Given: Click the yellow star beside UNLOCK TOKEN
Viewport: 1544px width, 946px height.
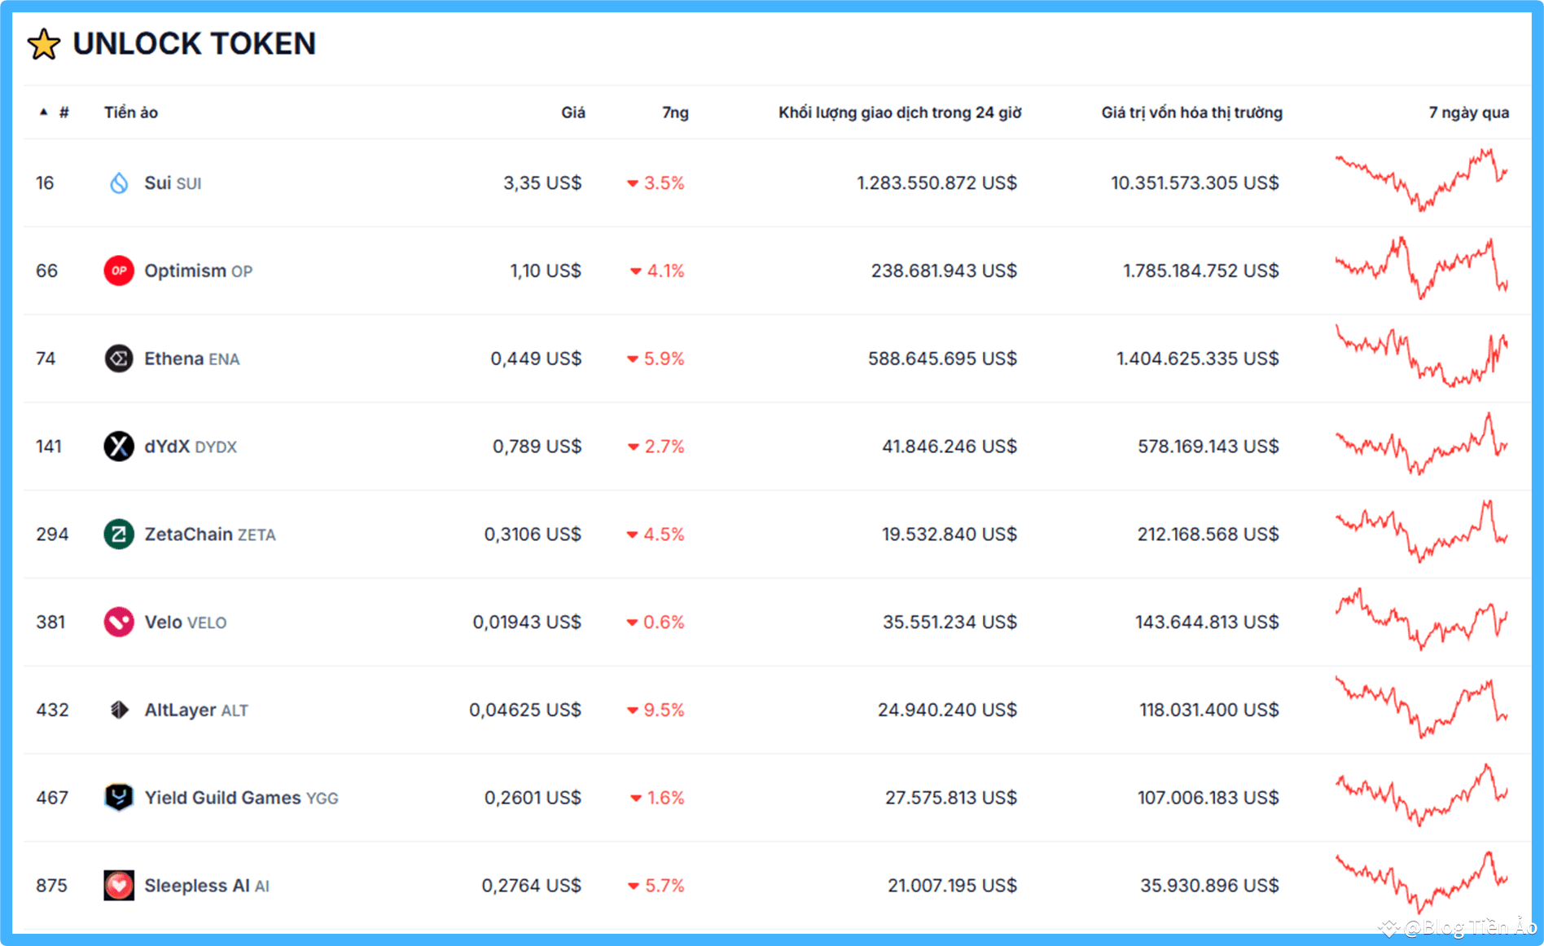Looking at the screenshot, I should [x=44, y=44].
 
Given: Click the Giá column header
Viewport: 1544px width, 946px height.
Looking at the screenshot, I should [x=572, y=112].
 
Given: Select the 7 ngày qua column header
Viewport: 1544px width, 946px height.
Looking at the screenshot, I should [x=1468, y=112].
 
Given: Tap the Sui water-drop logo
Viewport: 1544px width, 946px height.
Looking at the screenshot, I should [x=119, y=183].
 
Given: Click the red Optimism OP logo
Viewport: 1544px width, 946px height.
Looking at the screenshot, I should [x=119, y=271].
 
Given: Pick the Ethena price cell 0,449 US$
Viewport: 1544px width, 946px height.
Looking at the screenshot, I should [x=536, y=359].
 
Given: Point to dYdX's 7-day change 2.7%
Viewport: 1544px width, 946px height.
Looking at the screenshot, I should [x=663, y=447].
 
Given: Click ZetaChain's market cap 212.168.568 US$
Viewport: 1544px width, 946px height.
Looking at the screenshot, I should [x=1208, y=535].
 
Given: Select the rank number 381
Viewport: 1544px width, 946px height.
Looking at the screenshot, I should [x=50, y=623].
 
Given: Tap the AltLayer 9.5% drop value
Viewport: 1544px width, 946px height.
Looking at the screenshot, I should [x=663, y=711].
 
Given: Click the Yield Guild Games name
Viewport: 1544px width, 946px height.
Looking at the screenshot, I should [x=222, y=798].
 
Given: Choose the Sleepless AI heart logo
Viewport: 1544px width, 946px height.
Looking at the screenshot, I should [x=119, y=885].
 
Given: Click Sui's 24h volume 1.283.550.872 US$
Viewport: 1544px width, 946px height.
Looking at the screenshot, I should [x=936, y=183].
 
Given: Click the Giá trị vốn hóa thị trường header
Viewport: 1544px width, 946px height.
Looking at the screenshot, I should [x=1191, y=112].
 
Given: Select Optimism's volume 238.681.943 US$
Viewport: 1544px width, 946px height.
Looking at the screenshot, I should [x=944, y=271].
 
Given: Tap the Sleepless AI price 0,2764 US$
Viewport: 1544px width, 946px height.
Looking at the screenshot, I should [x=531, y=886].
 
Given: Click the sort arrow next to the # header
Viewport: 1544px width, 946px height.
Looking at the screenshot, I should [x=44, y=112].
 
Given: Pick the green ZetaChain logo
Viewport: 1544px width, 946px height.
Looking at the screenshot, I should [x=119, y=535].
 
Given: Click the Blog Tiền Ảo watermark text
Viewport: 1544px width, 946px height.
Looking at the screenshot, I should [x=1470, y=927].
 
